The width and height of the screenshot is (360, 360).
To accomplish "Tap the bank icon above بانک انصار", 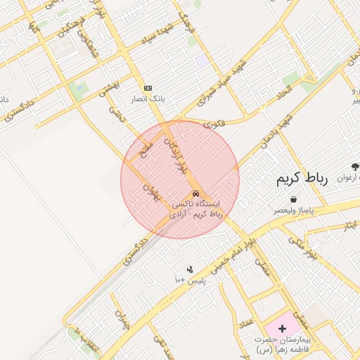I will [148, 87].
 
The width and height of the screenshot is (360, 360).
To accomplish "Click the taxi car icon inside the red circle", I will [195, 195].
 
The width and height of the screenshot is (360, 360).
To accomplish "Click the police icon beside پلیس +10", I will [189, 269].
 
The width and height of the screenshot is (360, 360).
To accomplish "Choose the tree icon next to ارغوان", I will [354, 167].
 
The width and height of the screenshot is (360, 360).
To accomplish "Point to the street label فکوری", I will [214, 124].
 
